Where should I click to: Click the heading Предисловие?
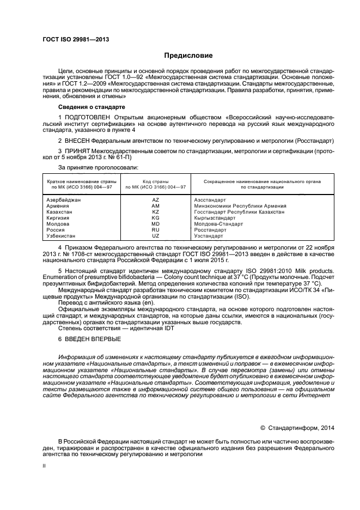(x=188, y=56)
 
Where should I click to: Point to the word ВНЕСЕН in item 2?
(x=79, y=141)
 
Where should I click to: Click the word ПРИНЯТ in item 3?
(x=79, y=150)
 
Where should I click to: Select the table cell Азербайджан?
(x=64, y=200)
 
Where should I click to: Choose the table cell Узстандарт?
(x=209, y=236)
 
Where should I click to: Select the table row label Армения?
(x=57, y=206)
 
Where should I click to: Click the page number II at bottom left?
(x=45, y=466)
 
